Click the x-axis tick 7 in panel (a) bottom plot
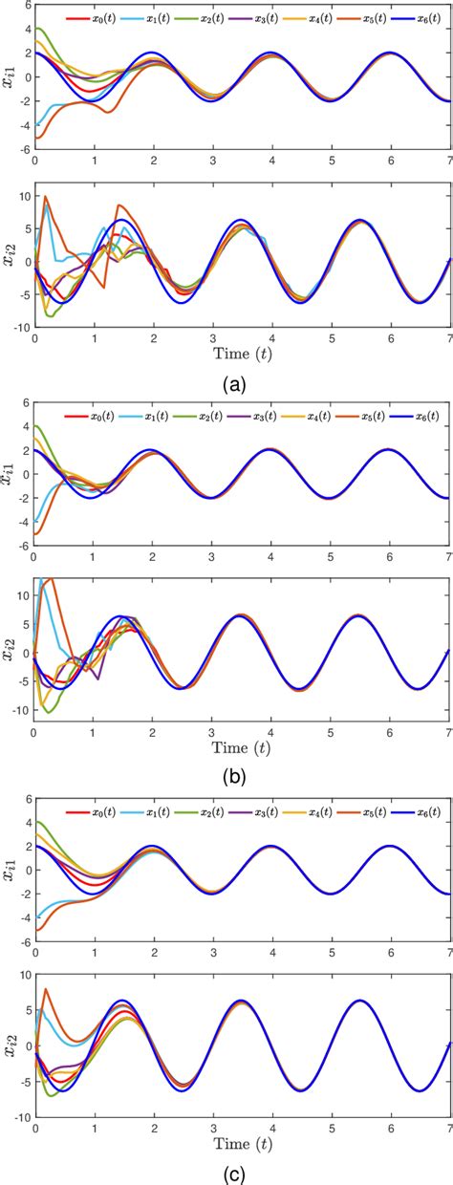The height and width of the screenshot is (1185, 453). coord(449,335)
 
